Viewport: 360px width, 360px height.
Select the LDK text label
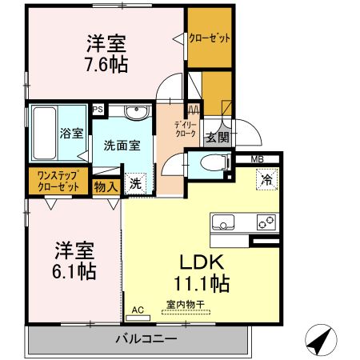point(198,262)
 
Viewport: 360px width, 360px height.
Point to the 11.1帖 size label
point(198,282)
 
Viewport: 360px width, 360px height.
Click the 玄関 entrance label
point(218,137)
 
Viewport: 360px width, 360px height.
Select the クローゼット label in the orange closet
point(209,38)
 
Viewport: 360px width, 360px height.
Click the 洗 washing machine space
point(135,182)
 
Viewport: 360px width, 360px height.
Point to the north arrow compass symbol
point(321,342)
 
